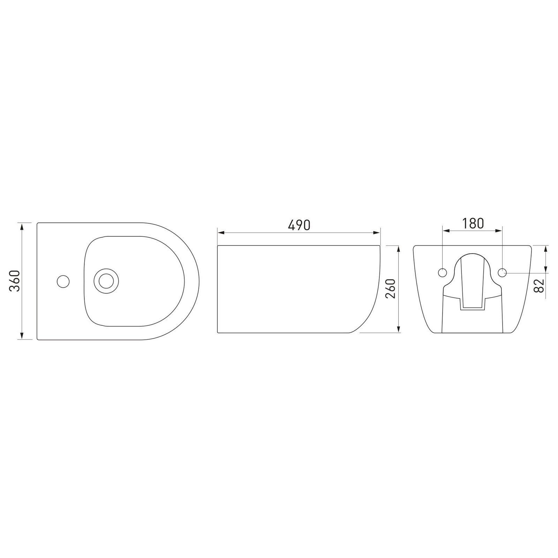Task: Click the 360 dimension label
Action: (x=16, y=281)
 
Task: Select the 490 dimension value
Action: (x=299, y=225)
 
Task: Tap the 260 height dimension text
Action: (x=391, y=288)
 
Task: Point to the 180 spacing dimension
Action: (x=473, y=224)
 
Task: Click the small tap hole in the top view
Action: (x=63, y=281)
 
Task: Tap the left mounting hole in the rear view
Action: (x=442, y=273)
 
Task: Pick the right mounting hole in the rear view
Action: (x=502, y=273)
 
